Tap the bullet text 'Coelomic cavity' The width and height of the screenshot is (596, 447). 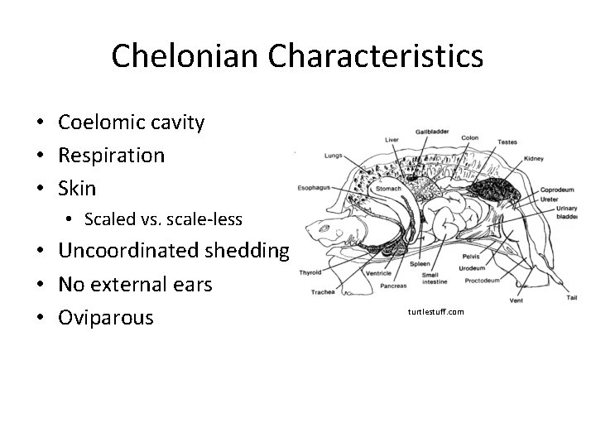[131, 123]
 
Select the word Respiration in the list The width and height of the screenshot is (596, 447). [111, 156]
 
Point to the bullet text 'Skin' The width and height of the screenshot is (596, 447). [77, 188]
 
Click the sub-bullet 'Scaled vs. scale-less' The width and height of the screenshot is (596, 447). [163, 219]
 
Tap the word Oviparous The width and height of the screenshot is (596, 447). [106, 317]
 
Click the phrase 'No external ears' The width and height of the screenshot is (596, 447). [135, 284]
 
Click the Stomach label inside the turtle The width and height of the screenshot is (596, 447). [389, 189]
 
